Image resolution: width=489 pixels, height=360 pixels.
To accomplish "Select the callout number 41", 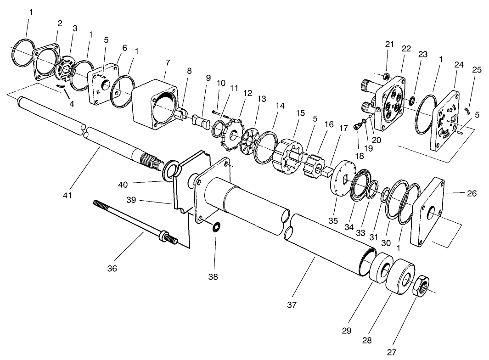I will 67,196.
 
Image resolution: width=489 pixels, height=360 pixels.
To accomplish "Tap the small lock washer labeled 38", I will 217,227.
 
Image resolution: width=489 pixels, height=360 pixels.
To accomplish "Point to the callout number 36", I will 112,268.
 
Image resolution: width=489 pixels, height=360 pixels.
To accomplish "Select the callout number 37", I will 292,305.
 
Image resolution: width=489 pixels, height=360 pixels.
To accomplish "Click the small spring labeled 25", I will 469,110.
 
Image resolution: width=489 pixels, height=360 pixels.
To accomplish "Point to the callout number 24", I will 458,65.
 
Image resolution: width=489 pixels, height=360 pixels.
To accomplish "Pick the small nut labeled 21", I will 387,75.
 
